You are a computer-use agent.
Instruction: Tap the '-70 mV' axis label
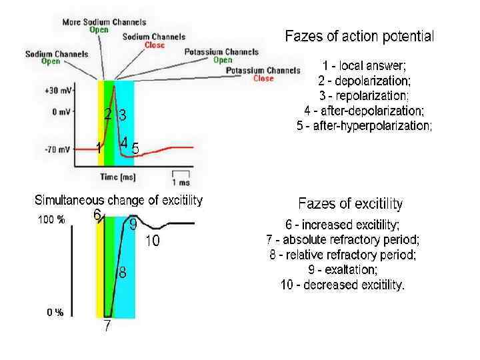click(57, 150)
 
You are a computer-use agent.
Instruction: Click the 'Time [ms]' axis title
click(119, 177)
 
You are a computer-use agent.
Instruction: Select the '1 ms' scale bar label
click(181, 182)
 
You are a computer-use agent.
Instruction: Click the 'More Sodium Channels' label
click(95, 22)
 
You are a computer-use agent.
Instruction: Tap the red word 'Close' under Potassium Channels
click(263, 78)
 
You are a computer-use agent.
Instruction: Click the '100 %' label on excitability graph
click(51, 221)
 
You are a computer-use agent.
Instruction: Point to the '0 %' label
click(55, 313)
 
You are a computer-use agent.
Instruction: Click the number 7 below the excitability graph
click(106, 327)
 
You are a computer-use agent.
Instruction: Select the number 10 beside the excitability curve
click(153, 241)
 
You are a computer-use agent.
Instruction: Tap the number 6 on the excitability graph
click(97, 215)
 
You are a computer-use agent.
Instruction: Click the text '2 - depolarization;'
click(364, 81)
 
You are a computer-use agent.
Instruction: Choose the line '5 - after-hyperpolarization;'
click(364, 125)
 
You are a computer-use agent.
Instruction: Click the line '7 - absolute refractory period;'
click(343, 240)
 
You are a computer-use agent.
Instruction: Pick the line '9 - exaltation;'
click(343, 270)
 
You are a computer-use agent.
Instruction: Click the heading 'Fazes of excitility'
click(351, 204)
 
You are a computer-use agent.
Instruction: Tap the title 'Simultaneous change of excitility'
click(119, 200)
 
